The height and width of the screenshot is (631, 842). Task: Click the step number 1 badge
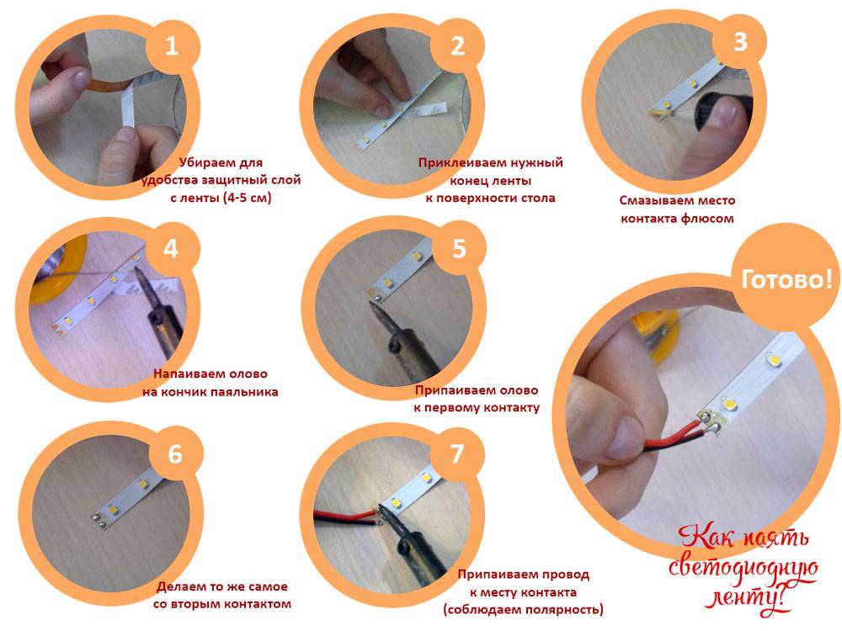click(x=171, y=46)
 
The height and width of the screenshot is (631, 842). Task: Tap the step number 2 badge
click(x=457, y=46)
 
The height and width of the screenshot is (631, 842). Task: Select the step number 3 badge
click(x=739, y=41)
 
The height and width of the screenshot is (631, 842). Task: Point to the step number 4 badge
click(x=171, y=249)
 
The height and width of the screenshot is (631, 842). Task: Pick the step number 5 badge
click(x=458, y=249)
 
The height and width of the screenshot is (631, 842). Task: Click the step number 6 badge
click(x=175, y=454)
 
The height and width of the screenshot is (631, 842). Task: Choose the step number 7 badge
click(x=456, y=454)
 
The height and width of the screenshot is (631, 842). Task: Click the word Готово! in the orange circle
click(x=786, y=279)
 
